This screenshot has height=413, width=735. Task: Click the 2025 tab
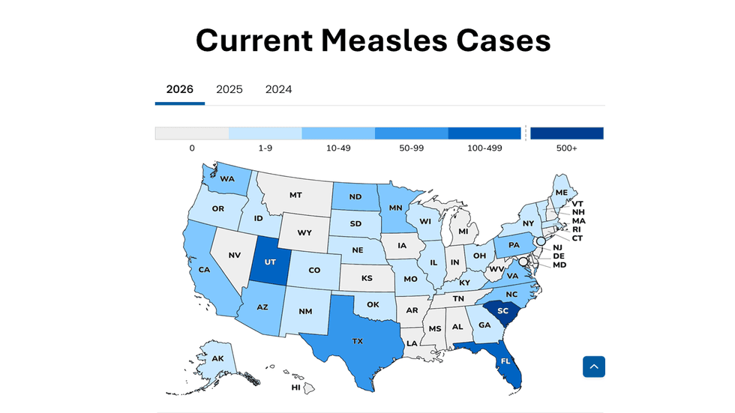coord(229,89)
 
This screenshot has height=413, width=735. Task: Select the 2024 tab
coord(278,89)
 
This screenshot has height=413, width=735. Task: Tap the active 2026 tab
coord(180,89)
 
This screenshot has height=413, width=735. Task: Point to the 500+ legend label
coord(567,148)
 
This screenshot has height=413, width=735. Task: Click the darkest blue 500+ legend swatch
coord(567,133)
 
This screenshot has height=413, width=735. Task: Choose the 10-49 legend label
coord(338,148)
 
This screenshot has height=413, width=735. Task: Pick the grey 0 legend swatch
coord(192,133)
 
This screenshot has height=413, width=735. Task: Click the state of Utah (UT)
coord(268,263)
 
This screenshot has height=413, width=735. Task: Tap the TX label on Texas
coord(358,342)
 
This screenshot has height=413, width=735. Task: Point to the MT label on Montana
coord(295,195)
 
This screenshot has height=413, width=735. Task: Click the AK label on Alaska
coord(218,359)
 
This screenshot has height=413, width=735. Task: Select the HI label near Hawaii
coord(296,388)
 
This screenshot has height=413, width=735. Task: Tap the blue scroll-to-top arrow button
coord(594,367)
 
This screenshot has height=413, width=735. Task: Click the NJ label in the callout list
coord(558,247)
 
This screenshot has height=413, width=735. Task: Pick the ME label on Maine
coord(562,193)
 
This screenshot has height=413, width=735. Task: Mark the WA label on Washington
coord(227,179)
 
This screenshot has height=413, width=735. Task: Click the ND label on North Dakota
coord(355,198)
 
